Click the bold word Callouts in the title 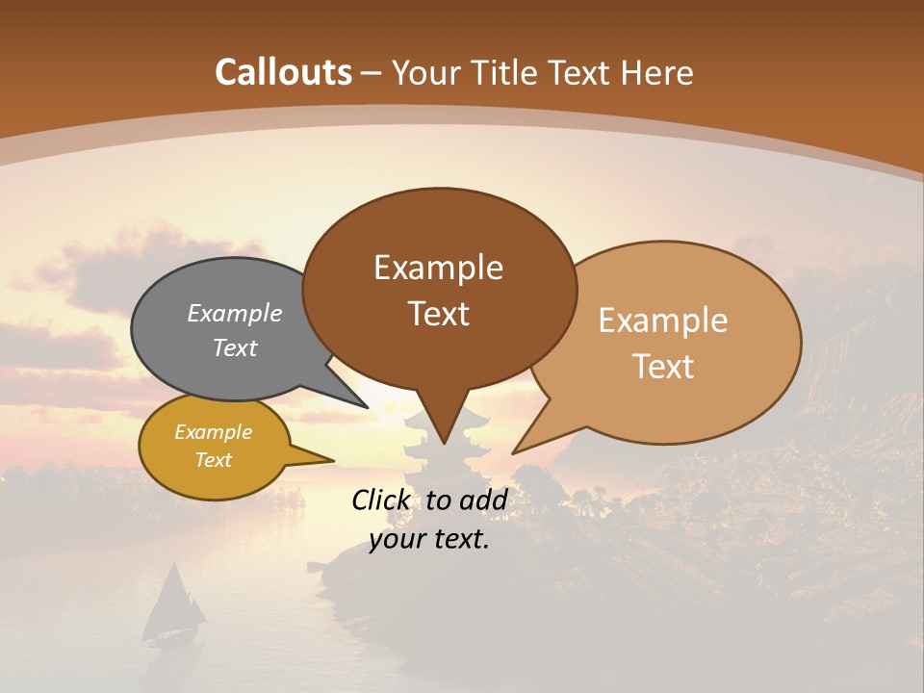point(283,72)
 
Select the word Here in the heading point(657,72)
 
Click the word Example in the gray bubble point(235,313)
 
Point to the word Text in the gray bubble point(235,347)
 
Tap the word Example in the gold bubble point(213,432)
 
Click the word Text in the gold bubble point(213,460)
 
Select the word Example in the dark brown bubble point(438,268)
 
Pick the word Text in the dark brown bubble point(438,313)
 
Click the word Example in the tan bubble point(663,321)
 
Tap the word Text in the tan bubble point(663,366)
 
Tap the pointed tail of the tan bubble point(525,445)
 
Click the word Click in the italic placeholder point(381,500)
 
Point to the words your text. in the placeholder point(429,539)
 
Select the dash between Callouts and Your point(372,73)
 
